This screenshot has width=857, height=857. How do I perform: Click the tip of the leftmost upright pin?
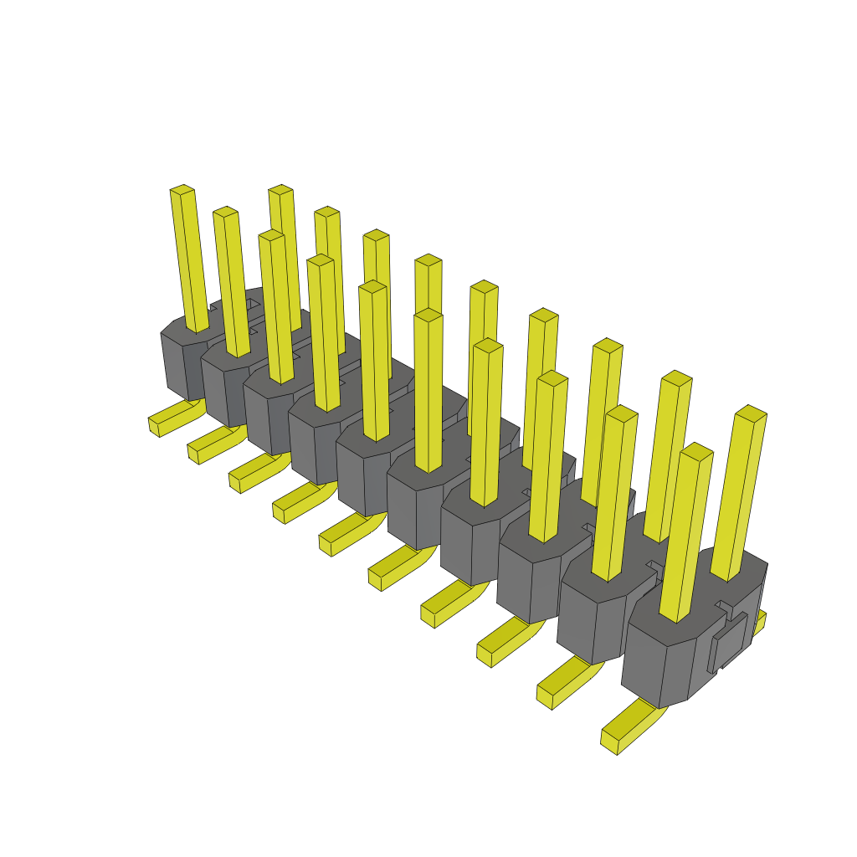182,190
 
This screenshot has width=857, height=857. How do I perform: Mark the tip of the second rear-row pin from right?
676,377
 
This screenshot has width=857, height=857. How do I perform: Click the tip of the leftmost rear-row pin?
280,190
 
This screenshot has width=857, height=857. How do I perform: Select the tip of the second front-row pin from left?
225,212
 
